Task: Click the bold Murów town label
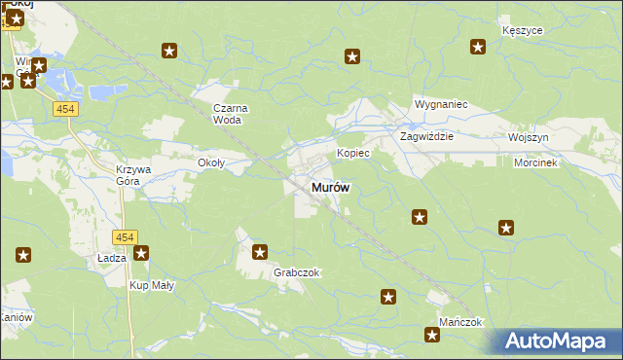331,188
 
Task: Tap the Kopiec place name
352,154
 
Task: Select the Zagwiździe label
427,137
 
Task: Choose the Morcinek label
535,162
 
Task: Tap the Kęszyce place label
522,30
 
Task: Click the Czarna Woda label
232,114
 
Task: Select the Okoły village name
211,162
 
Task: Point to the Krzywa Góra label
134,174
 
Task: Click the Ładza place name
112,258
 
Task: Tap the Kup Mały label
151,285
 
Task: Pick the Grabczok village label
297,273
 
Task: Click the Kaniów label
17,318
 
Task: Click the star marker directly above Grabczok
260,253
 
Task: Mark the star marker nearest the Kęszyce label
478,46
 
